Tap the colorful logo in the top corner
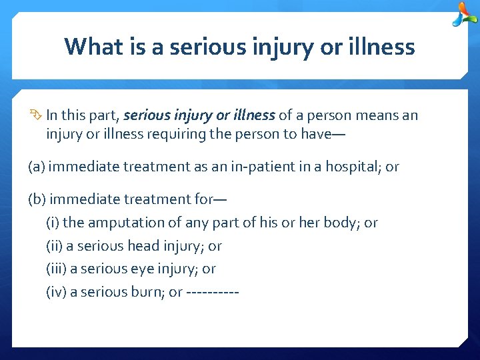click(x=464, y=15)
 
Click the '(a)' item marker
click(x=37, y=167)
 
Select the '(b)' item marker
click(x=37, y=199)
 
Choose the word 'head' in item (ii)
click(x=145, y=246)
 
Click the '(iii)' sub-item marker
click(x=56, y=269)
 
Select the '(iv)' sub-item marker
click(x=55, y=292)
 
